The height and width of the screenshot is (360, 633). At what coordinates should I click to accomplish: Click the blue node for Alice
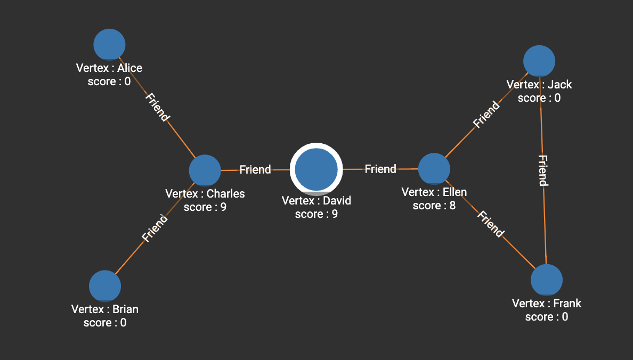click(x=109, y=44)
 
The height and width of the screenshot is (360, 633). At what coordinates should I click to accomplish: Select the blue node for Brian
click(x=105, y=286)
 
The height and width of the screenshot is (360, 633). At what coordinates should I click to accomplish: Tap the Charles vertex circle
click(x=205, y=170)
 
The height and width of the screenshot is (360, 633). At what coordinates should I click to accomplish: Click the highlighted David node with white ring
click(x=316, y=169)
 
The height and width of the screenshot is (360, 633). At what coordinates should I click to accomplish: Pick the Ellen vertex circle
click(x=434, y=169)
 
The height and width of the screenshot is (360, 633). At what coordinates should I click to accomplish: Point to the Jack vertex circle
click(x=539, y=61)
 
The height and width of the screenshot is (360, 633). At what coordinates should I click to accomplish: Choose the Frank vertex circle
click(x=547, y=280)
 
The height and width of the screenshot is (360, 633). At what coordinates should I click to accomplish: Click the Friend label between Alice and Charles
click(x=158, y=108)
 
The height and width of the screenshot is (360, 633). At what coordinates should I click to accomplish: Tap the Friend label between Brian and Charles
click(x=155, y=228)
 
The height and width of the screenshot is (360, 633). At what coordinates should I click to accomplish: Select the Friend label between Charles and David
click(x=255, y=169)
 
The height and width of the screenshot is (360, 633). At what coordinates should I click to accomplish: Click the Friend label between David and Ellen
click(x=380, y=169)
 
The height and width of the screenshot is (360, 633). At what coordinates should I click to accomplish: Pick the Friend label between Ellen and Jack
click(x=486, y=114)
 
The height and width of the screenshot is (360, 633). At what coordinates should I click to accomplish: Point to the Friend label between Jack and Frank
click(x=543, y=170)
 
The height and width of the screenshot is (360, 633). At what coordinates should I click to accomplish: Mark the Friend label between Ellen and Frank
click(x=490, y=224)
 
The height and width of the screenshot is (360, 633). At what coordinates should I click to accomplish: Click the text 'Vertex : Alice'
click(x=109, y=68)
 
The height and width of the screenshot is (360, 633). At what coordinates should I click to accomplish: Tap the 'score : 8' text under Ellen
click(x=434, y=206)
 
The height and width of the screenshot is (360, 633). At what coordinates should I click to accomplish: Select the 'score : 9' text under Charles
click(x=205, y=207)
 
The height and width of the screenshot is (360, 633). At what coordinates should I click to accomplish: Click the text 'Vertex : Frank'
click(x=547, y=304)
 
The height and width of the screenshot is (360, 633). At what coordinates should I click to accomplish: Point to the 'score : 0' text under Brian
click(x=105, y=323)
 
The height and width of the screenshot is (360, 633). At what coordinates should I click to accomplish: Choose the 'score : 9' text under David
click(x=316, y=214)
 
